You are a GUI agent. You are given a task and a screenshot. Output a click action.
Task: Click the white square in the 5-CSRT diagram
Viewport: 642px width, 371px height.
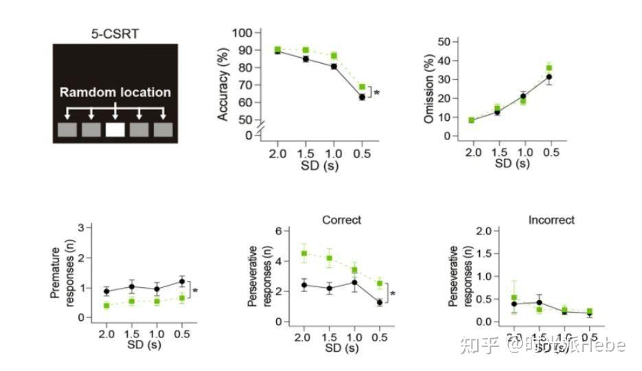click(x=115, y=129)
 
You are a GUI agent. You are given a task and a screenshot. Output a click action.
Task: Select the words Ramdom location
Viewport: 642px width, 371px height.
click(x=115, y=92)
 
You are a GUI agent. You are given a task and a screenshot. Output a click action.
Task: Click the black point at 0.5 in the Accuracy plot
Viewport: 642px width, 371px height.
click(x=361, y=97)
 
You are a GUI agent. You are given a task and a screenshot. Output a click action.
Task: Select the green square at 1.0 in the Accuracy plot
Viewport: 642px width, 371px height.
click(x=334, y=56)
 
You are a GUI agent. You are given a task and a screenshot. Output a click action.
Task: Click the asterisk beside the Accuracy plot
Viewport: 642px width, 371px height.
click(x=377, y=92)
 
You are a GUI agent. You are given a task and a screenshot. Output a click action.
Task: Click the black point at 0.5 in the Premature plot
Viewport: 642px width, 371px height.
click(x=181, y=282)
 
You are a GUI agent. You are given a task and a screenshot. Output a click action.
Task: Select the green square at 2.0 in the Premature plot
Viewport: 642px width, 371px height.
click(x=106, y=305)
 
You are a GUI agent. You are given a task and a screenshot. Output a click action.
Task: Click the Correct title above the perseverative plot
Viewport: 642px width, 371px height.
click(x=341, y=221)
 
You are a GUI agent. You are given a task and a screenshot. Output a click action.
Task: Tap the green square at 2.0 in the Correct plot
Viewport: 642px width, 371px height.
click(x=304, y=254)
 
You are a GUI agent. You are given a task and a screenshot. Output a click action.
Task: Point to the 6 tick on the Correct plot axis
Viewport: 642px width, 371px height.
click(x=279, y=231)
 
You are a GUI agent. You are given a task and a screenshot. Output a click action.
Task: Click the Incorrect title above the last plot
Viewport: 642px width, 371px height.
click(x=551, y=221)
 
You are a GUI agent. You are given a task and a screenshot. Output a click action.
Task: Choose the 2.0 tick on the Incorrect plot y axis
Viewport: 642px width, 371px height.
click(x=482, y=231)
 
